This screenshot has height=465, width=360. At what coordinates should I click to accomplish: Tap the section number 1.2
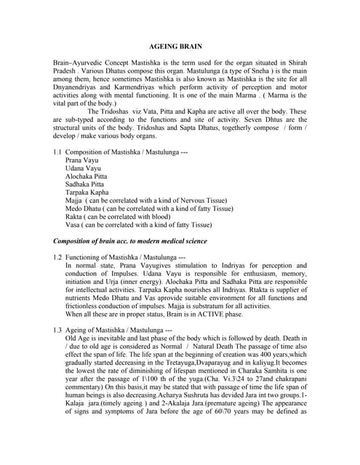pos(57,257)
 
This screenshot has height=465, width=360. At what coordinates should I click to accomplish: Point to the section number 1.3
pos(57,330)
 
